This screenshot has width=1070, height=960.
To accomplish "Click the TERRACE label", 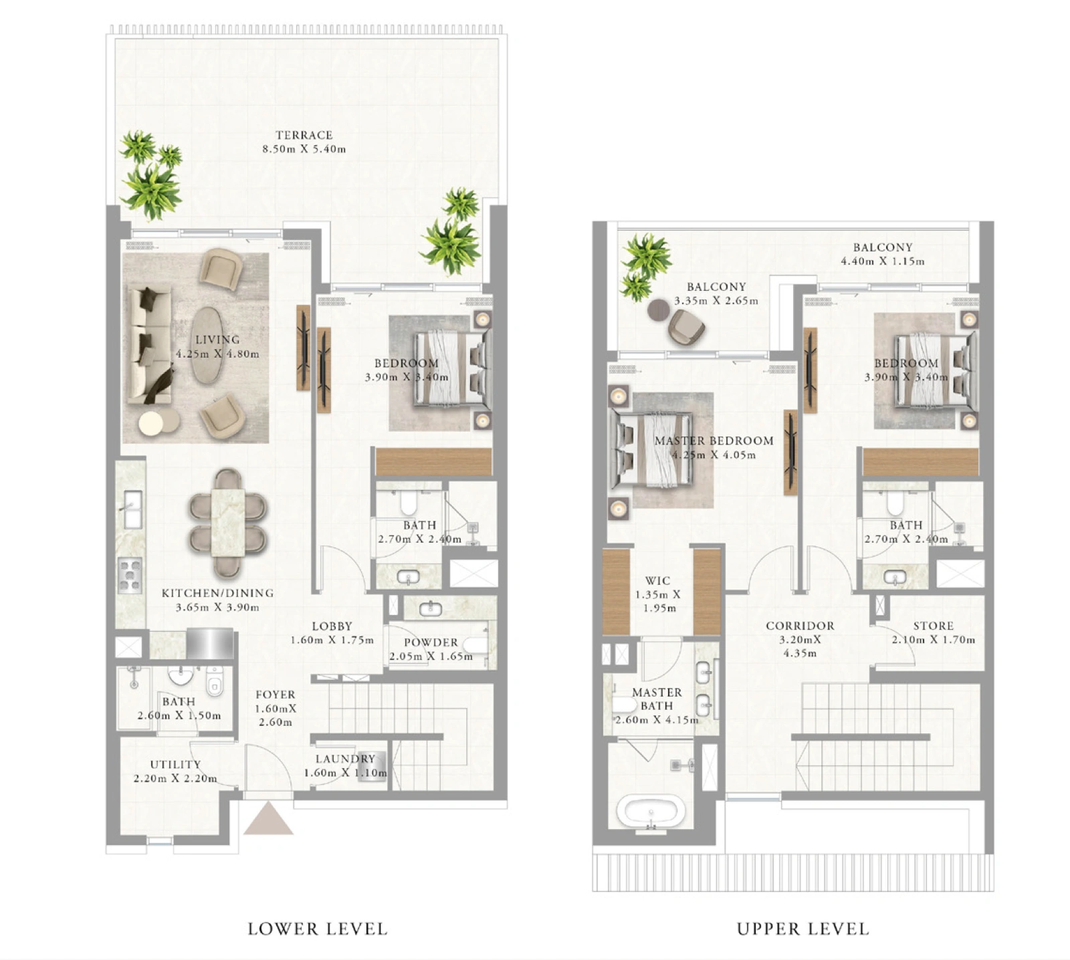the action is coord(304,135).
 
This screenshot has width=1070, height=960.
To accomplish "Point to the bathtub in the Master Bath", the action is coord(651,811).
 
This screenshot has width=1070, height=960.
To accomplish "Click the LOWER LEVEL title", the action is coord(318,929).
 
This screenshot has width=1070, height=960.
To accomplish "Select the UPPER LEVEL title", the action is coord(802,929).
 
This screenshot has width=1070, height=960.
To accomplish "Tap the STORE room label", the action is coord(934,626).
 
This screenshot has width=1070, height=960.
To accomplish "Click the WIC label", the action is coord(657,580).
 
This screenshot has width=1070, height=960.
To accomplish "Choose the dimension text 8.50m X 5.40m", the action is coord(304,149).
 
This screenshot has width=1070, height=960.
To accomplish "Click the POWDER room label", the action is coord(431,642).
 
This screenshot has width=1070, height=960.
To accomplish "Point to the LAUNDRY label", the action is coord(345,759).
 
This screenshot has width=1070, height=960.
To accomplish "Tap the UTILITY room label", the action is coord(175,764).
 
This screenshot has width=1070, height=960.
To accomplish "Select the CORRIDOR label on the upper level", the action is coord(800,626).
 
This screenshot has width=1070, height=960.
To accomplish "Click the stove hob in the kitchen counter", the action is coord(130,576).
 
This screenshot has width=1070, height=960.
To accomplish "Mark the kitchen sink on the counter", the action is coord(132,509).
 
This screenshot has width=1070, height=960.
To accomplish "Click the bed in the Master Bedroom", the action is coord(651,448).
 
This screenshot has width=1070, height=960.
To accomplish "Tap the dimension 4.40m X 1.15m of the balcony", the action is coord(883,261).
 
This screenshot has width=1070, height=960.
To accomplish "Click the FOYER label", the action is coord(275,695).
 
